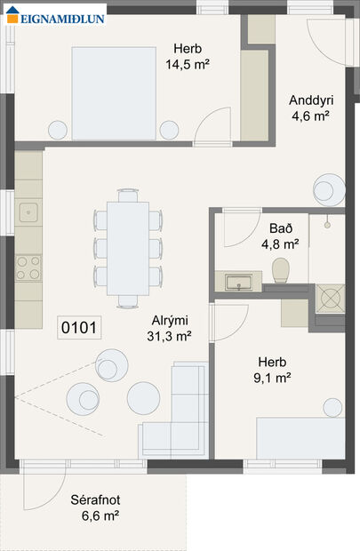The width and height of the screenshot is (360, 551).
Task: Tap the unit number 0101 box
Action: pyautogui.click(x=79, y=328)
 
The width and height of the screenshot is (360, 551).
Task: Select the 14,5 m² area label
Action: pyautogui.click(x=188, y=64)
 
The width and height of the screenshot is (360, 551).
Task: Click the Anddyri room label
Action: pyautogui.click(x=310, y=100)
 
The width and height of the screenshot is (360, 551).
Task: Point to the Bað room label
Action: pyautogui.click(x=279, y=227)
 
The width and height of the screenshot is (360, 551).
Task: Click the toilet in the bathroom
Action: pyautogui.click(x=282, y=270)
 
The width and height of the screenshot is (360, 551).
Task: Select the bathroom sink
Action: pyautogui.click(x=237, y=283)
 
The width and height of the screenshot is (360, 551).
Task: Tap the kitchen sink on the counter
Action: pyautogui.click(x=28, y=212)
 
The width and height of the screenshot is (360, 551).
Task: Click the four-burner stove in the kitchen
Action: pyautogui.click(x=28, y=267)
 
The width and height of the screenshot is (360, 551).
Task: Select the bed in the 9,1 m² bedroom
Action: pyautogui.click(x=299, y=438)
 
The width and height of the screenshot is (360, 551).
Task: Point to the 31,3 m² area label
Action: pyautogui.click(x=169, y=335)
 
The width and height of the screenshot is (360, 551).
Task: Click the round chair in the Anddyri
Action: pyautogui.click(x=326, y=189)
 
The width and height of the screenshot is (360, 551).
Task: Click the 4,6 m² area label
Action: pyautogui.click(x=310, y=116)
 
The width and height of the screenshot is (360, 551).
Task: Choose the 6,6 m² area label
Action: pyautogui.click(x=95, y=515)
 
